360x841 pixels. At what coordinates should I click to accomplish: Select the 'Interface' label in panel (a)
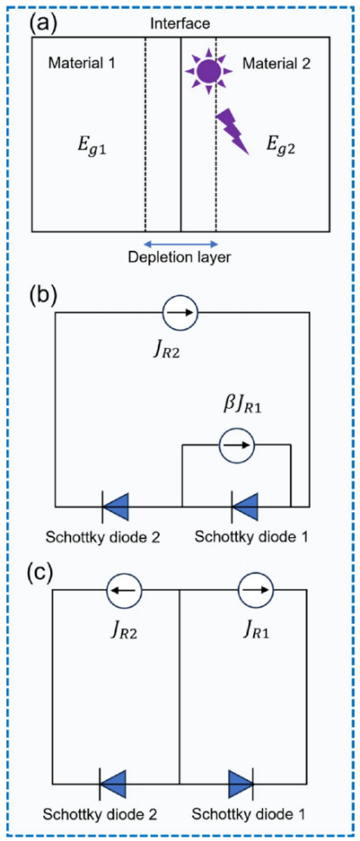tap(181, 23)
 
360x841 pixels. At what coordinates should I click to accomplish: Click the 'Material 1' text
tap(82, 64)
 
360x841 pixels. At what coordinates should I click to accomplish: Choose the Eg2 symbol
tap(282, 144)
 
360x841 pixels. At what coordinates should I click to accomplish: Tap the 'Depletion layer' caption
tap(180, 258)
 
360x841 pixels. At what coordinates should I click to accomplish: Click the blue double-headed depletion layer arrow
tap(180, 242)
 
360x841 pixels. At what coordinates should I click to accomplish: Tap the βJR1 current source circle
tap(236, 444)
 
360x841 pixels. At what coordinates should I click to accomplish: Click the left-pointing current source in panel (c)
tap(124, 590)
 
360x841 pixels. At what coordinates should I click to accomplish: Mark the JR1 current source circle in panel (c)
tap(256, 590)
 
